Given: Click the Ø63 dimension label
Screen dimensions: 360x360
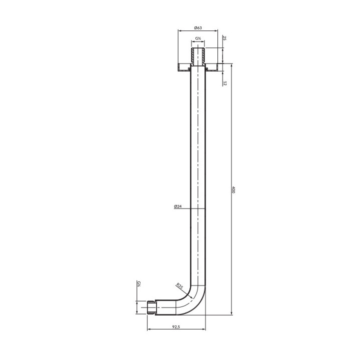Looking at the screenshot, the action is [x=197, y=28].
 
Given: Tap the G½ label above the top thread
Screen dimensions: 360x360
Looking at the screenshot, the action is [x=198, y=38].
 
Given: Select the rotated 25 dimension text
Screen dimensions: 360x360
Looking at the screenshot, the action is [x=224, y=38].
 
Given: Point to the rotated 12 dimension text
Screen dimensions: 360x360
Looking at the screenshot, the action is [x=224, y=83].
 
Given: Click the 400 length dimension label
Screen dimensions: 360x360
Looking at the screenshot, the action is [x=233, y=189].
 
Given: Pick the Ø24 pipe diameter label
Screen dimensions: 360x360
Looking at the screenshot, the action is [x=178, y=206].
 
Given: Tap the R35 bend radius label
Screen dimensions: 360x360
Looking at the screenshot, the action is [x=179, y=286].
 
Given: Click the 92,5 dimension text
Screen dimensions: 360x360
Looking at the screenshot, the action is [x=175, y=326].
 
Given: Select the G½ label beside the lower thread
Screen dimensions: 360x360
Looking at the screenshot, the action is [x=139, y=284].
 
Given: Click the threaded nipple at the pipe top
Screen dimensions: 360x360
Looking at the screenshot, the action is [x=198, y=56].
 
